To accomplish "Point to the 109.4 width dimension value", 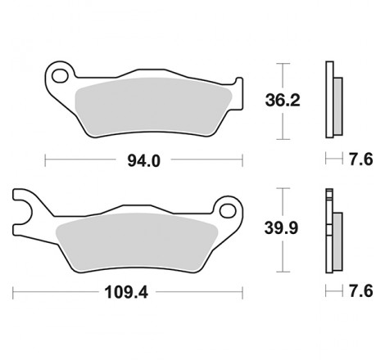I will tap(129, 290).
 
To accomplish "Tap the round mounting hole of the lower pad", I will tap(227, 209).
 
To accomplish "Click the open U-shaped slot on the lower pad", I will tap(21, 209).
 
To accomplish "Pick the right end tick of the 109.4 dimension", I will tap(245, 290).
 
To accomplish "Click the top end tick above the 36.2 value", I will tap(283, 62).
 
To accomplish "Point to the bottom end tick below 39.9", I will tap(283, 271).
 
